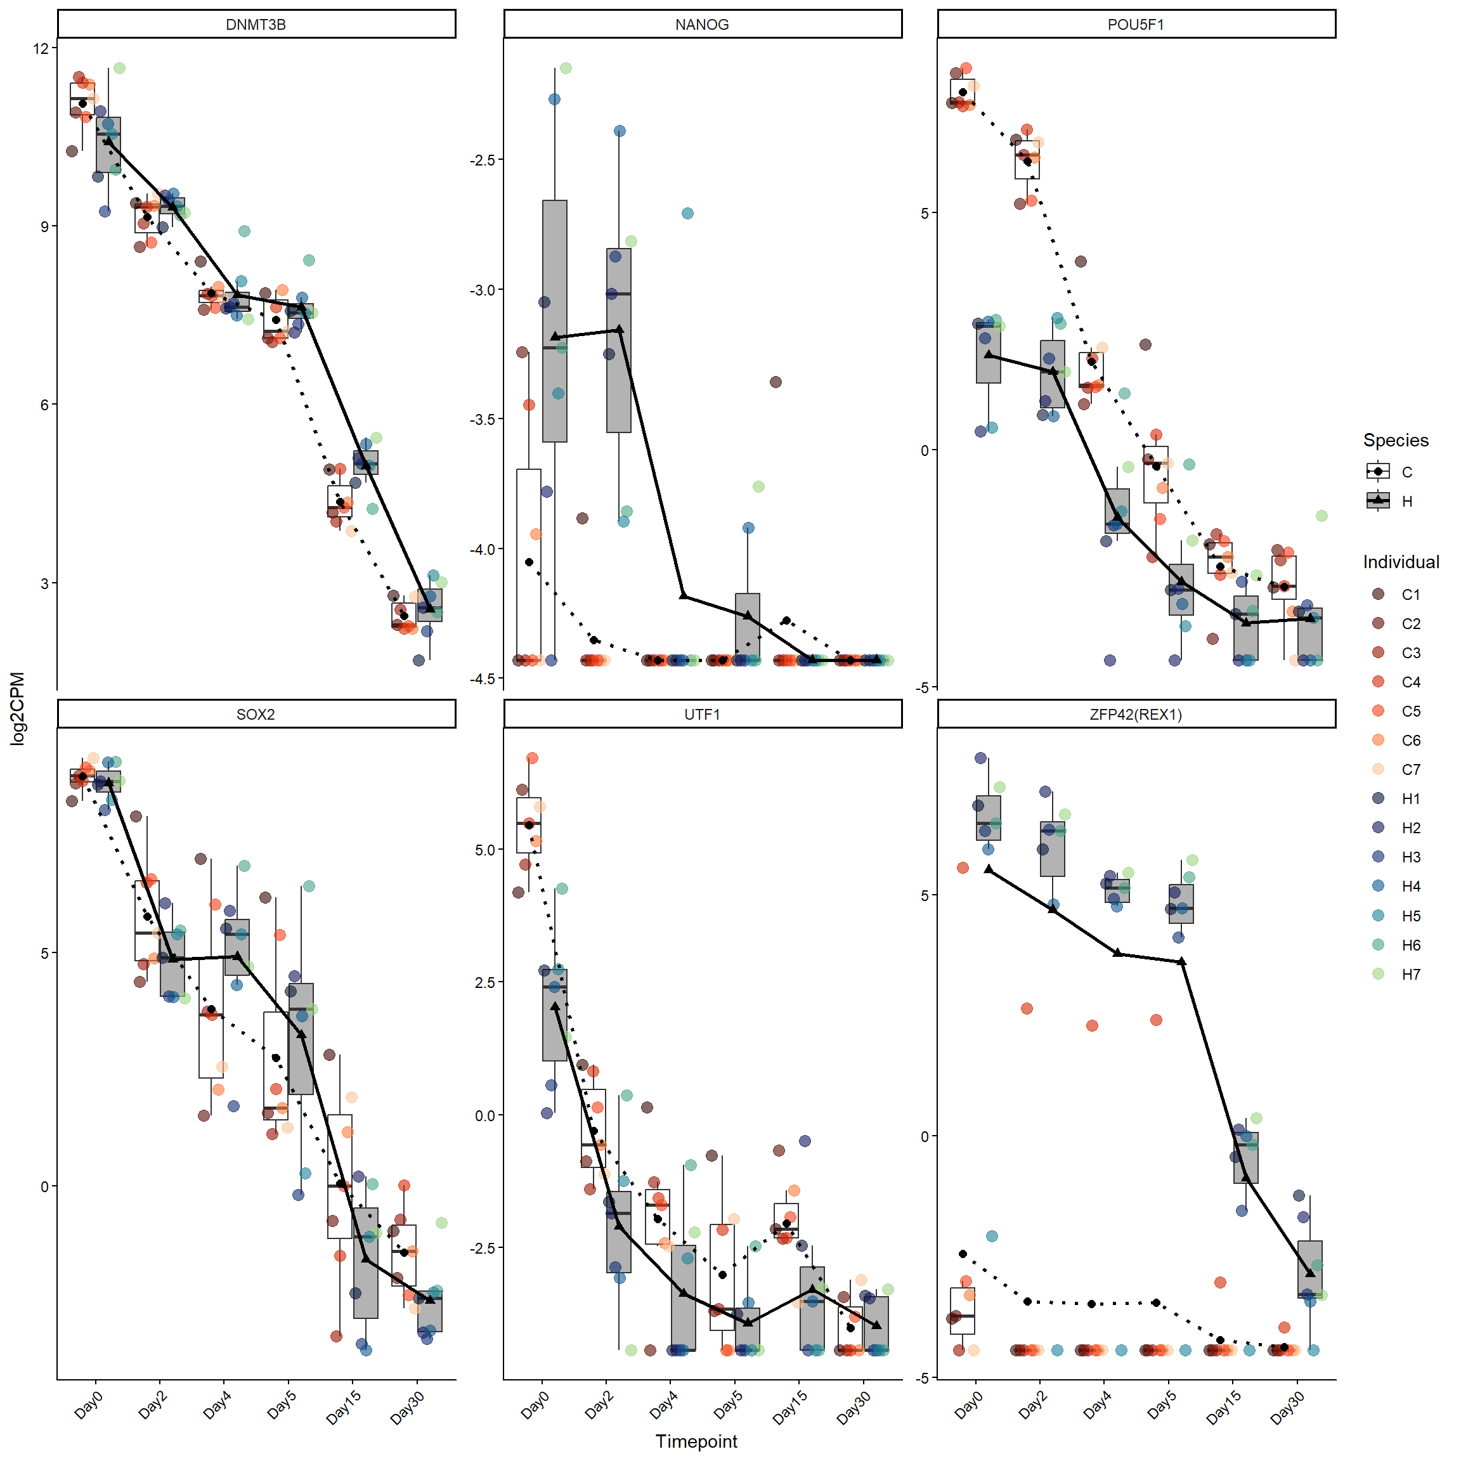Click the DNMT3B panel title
coord(256,24)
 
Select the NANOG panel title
coord(702,24)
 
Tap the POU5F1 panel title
coord(1136,24)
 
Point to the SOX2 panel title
coord(256,715)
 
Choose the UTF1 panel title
coord(702,715)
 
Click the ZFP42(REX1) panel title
coord(1136,715)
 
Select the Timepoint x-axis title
coord(696,1441)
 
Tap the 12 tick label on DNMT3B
coord(40,48)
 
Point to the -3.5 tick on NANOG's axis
coord(482,420)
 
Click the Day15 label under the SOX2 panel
coord(344,1408)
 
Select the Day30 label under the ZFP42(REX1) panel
coord(1288,1408)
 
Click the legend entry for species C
coord(1379,472)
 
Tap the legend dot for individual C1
coord(1379,594)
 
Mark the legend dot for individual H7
coord(1379,974)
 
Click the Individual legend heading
coord(1401,562)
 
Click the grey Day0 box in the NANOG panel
coord(555,321)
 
